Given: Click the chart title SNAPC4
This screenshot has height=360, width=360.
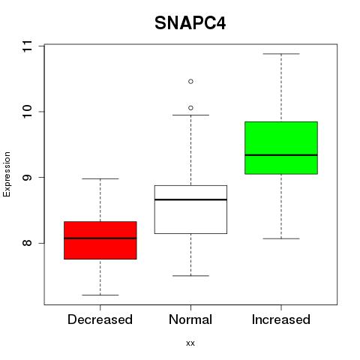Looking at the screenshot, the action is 190,23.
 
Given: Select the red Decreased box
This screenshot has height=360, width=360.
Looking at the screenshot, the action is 100,240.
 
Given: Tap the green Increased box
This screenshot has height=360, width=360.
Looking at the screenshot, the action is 281,148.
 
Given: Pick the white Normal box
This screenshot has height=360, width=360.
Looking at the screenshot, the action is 190,209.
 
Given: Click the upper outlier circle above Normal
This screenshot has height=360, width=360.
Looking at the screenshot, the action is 190,82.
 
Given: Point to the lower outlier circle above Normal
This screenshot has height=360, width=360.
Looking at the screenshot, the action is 190,108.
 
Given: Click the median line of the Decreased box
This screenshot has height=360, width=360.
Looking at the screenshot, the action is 100,238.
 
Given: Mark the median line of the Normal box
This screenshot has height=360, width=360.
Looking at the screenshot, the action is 190,199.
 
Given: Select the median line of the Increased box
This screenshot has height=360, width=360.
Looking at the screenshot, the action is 281,155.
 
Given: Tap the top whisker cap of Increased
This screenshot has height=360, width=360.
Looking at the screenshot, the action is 281,54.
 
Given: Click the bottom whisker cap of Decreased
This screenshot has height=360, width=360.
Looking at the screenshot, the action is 100,295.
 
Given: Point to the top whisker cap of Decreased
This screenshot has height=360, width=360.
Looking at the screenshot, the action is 100,178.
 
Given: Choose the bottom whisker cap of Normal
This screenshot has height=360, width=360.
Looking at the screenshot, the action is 190,276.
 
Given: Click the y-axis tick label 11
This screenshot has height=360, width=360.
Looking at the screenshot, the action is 27,46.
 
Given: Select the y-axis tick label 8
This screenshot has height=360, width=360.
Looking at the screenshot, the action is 27,243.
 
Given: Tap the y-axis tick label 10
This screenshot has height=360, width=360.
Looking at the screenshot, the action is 27,112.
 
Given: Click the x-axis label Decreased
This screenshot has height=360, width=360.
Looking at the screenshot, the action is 100,319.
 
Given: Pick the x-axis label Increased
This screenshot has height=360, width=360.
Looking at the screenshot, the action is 281,319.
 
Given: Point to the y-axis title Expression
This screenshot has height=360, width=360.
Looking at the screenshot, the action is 7,174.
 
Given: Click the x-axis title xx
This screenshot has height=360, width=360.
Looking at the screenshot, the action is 190,343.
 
